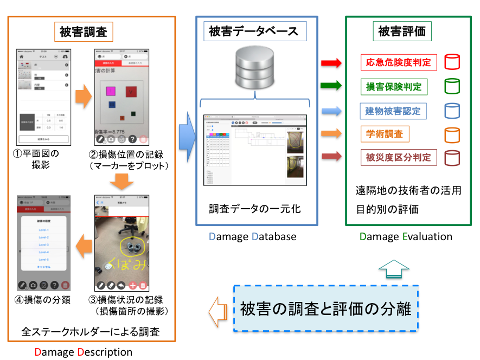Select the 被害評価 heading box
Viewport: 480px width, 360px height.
click(x=402, y=31)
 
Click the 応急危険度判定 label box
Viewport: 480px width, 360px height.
click(x=398, y=62)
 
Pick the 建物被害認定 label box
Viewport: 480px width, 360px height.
click(x=393, y=111)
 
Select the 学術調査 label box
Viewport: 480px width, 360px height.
click(x=384, y=134)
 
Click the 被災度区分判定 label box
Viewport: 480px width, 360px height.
click(x=398, y=158)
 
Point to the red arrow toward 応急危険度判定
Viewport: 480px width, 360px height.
click(x=331, y=63)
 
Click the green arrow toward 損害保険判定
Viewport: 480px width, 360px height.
click(x=331, y=86)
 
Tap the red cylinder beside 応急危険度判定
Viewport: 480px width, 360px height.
click(x=452, y=62)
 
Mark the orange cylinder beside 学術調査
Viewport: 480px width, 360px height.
click(x=452, y=134)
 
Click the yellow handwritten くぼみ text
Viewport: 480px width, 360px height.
click(x=126, y=264)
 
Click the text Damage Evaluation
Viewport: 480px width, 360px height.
click(x=406, y=236)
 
